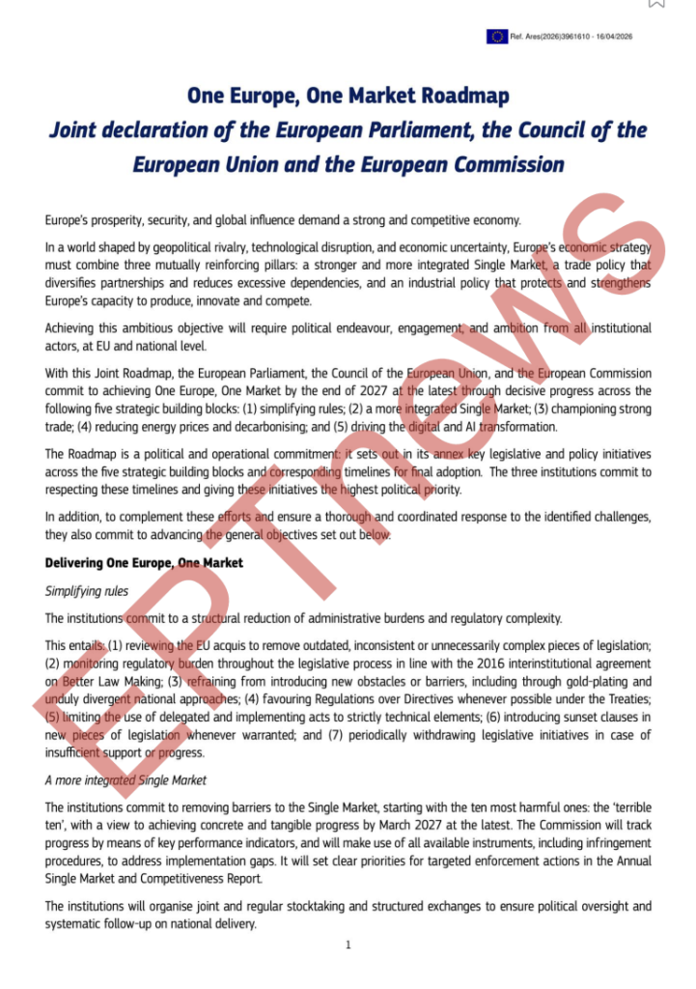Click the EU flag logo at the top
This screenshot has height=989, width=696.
497,37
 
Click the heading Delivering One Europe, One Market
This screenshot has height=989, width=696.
144,562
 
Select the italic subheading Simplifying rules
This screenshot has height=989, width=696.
87,590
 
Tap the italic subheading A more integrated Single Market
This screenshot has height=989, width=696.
125,779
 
